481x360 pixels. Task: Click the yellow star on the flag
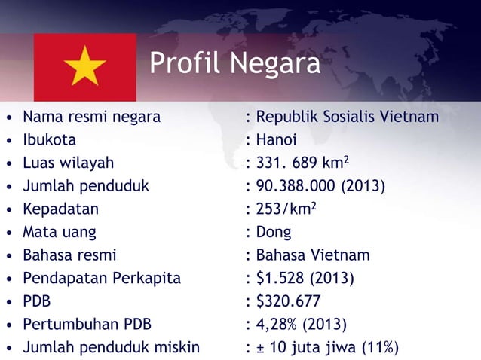(85, 67)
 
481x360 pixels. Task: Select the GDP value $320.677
(289, 301)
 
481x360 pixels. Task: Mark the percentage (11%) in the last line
(378, 347)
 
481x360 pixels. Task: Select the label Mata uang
(60, 232)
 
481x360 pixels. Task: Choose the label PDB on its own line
(37, 301)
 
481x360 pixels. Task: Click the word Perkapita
(148, 278)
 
